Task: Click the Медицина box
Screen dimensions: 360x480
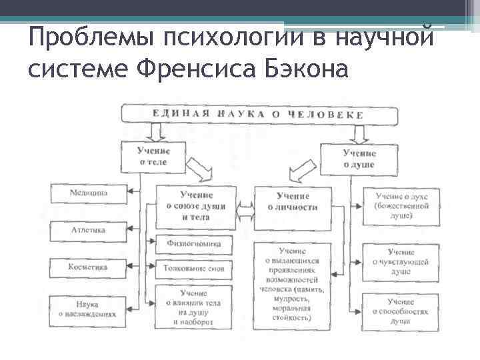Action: [89, 194]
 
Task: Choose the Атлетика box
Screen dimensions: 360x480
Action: [89, 230]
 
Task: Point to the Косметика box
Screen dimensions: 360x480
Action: [89, 267]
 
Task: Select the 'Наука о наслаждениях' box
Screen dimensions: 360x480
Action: [89, 309]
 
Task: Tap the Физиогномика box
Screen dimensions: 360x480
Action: [195, 245]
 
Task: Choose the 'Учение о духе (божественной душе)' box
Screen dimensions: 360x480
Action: [401, 206]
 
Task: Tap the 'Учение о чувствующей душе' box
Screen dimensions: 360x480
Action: [401, 262]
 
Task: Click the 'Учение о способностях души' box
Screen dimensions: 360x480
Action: [401, 307]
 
